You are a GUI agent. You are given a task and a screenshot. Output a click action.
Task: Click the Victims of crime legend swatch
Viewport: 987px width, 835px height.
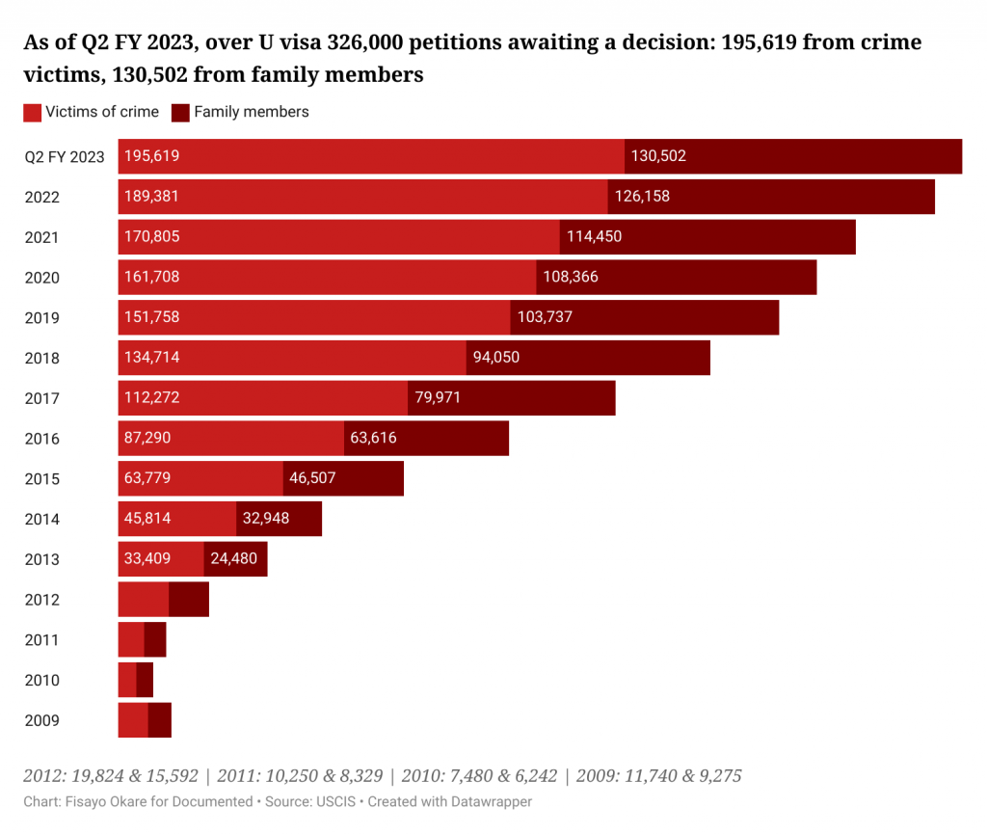pos(32,113)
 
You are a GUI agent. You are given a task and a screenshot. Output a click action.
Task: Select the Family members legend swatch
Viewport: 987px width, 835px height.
pos(180,113)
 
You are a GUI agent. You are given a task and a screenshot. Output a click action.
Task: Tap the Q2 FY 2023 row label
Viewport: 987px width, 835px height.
pos(65,157)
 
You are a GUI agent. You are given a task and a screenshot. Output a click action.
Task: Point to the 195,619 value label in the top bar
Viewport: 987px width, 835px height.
pos(152,156)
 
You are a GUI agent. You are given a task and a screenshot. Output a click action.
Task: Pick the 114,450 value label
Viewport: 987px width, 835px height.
pos(596,237)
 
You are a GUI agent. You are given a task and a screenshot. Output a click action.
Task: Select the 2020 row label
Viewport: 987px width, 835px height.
pos(42,278)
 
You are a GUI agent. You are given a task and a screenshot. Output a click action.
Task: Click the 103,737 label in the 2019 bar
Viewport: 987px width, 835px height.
pos(545,318)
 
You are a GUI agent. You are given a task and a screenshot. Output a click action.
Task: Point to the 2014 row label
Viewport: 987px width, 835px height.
pos(42,520)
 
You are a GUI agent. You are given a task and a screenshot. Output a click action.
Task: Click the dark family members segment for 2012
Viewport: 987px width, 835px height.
pos(189,600)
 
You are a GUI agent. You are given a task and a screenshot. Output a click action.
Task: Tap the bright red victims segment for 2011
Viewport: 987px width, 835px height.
pos(131,640)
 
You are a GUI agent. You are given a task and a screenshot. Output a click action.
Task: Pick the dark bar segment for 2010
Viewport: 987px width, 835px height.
pos(145,680)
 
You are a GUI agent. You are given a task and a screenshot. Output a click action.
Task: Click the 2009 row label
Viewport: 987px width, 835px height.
pos(42,720)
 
